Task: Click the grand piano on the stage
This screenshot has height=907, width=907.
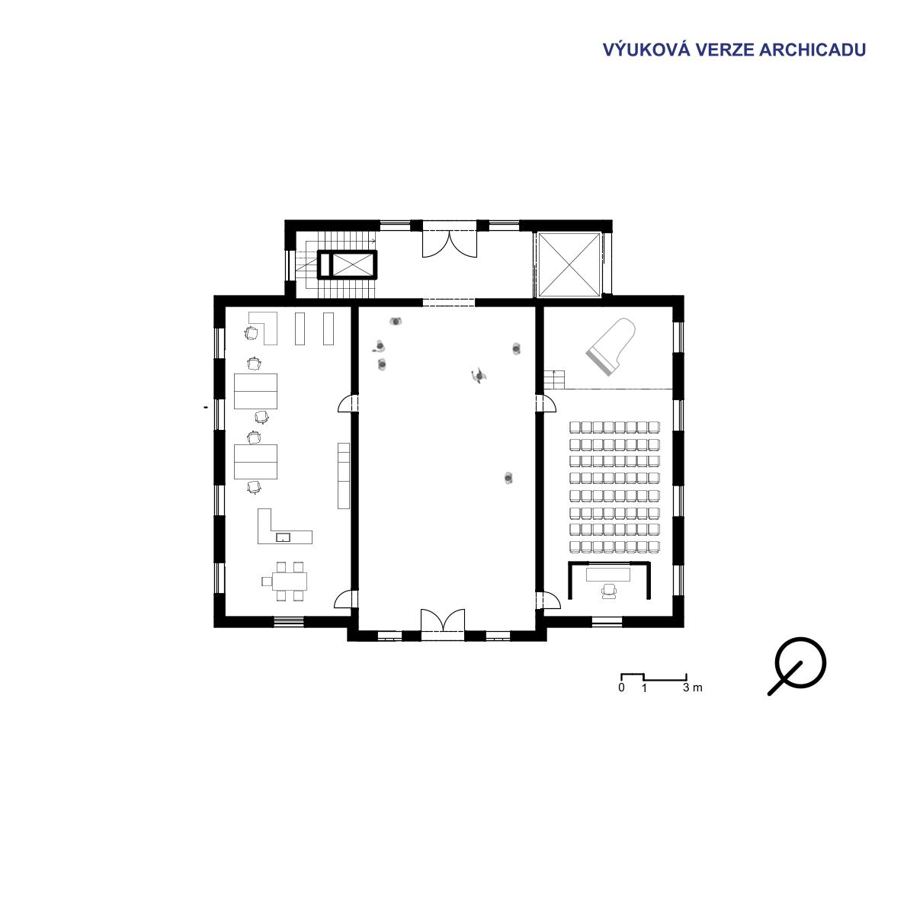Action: tap(611, 346)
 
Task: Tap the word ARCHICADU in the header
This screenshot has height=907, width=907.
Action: tap(812, 50)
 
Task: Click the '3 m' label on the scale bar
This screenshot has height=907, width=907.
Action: tap(692, 687)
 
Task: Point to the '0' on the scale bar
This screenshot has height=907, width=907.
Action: tap(621, 687)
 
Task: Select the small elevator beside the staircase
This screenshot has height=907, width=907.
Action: tap(347, 265)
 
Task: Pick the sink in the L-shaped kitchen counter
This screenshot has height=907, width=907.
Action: tap(283, 537)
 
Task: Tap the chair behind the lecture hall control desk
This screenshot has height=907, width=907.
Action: tap(609, 591)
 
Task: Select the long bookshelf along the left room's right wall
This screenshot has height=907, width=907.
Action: tap(344, 476)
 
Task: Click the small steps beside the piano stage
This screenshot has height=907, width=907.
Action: tap(553, 380)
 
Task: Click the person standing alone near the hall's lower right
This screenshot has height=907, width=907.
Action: tap(508, 478)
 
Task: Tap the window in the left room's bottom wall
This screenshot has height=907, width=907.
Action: tap(289, 622)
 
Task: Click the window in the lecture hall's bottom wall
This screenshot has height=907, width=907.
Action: tap(607, 622)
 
